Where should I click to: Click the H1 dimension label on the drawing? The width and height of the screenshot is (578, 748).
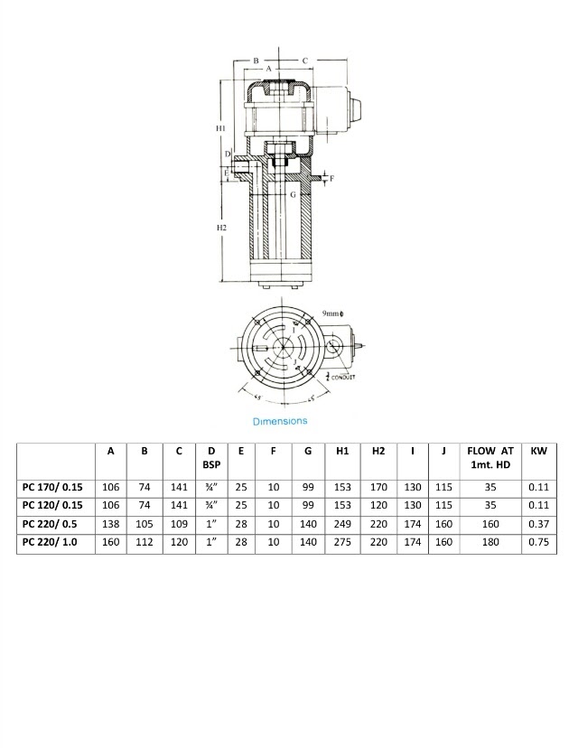click(x=220, y=130)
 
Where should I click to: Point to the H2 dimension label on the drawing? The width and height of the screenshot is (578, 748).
click(x=221, y=228)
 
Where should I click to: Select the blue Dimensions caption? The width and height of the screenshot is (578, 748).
click(x=279, y=421)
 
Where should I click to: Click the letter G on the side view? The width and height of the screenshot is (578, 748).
click(x=292, y=193)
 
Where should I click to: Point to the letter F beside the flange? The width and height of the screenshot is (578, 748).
click(x=331, y=179)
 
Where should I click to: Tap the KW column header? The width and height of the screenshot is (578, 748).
click(x=538, y=451)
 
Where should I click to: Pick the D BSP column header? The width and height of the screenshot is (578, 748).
click(x=211, y=458)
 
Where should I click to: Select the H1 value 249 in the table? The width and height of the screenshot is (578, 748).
click(x=342, y=525)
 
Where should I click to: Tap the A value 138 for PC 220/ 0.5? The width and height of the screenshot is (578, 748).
click(x=111, y=525)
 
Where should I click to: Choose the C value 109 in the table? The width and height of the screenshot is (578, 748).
click(x=179, y=525)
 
